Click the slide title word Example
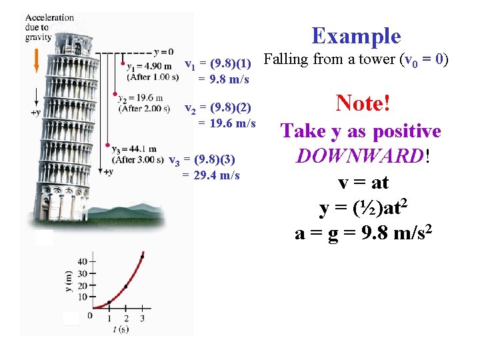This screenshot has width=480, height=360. [x=356, y=36]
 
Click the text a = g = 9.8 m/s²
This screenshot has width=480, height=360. [x=363, y=233]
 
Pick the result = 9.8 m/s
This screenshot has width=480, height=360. [x=223, y=79]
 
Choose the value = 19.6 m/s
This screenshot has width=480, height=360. [x=227, y=123]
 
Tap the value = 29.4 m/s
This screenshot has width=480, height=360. [x=211, y=175]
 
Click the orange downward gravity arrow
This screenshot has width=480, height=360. [x=36, y=63]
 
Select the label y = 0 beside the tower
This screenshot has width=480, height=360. [x=163, y=52]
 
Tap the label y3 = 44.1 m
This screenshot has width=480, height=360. [x=135, y=149]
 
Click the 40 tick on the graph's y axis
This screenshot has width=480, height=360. [x=83, y=261]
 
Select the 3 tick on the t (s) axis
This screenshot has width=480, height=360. [x=142, y=319]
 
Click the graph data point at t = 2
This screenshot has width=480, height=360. [x=125, y=287]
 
